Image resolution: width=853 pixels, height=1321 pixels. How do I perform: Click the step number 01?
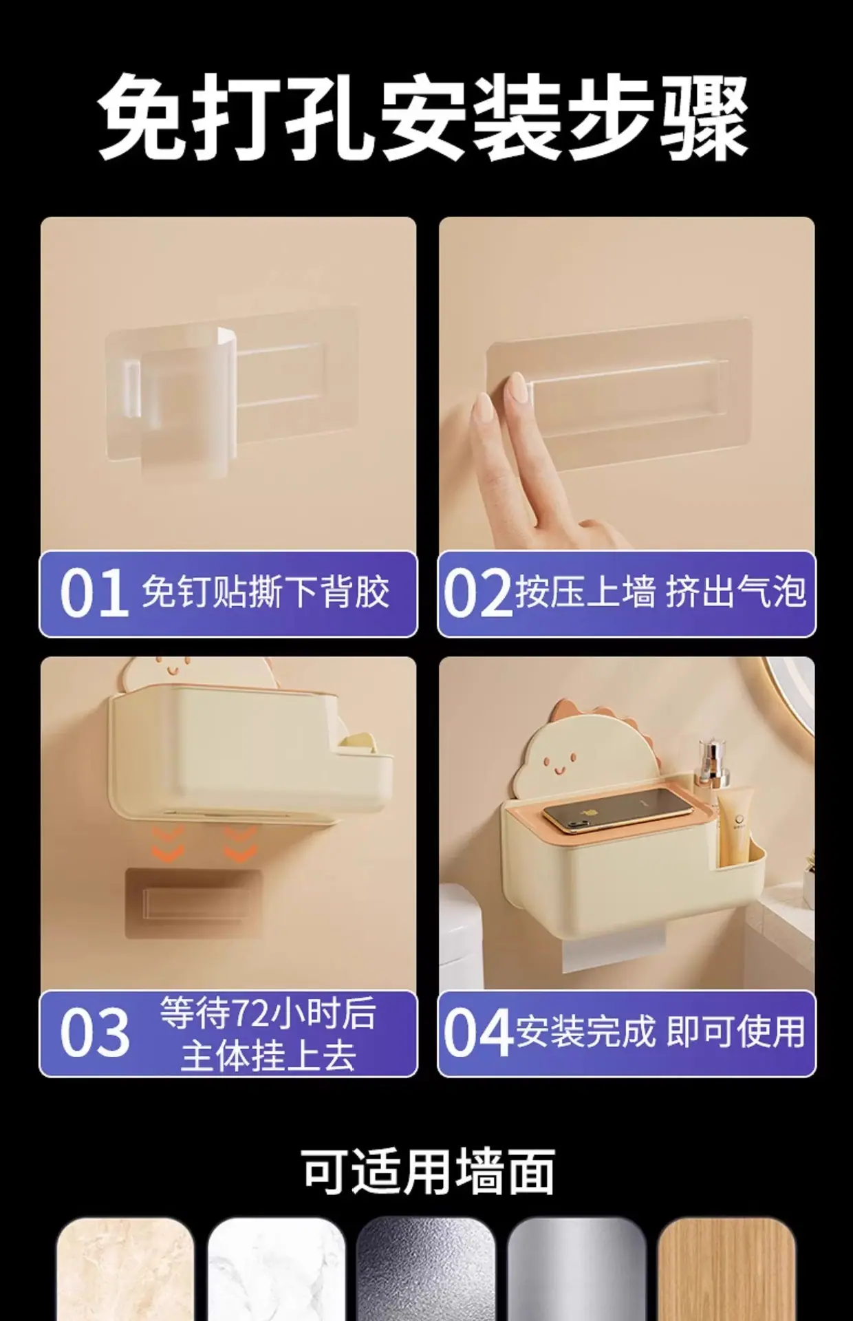pos(94,593)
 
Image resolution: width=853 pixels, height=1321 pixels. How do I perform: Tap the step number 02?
pos(477,593)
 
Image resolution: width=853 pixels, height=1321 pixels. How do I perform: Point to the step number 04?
pos(477,1033)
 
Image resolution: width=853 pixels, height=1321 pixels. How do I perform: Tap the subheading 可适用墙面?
pos(428,1170)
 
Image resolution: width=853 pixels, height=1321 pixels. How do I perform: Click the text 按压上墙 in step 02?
pos(585,592)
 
